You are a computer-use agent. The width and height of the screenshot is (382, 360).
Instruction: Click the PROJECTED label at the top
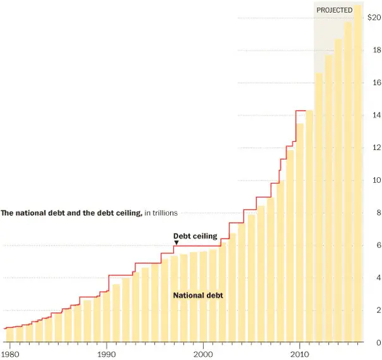click(334, 10)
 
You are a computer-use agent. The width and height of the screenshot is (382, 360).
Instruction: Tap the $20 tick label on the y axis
click(374, 18)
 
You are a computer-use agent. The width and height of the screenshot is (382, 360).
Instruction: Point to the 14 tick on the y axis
click(376, 115)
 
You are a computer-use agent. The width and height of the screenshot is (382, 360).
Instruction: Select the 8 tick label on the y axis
click(378, 213)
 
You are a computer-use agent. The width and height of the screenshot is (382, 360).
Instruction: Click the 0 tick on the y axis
click(378, 343)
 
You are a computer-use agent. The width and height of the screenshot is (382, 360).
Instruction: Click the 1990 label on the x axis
click(106, 353)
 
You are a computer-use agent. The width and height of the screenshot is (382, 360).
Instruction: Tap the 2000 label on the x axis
click(203, 353)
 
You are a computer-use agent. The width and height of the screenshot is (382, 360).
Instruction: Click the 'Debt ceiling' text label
click(195, 236)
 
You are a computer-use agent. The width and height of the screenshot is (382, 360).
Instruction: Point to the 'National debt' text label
click(198, 295)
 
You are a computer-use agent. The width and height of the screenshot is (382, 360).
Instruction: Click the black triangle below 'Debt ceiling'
click(176, 242)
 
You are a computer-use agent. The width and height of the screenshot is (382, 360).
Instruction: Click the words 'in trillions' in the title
click(161, 213)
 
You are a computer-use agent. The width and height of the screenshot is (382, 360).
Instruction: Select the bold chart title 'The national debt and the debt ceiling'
click(71, 213)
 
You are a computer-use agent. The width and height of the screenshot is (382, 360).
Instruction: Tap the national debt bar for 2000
click(204, 297)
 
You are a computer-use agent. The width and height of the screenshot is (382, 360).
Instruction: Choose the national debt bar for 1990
click(106, 316)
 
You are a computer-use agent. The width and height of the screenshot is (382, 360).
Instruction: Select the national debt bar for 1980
click(9, 335)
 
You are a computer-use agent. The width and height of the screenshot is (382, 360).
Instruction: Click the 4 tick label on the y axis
click(378, 278)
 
